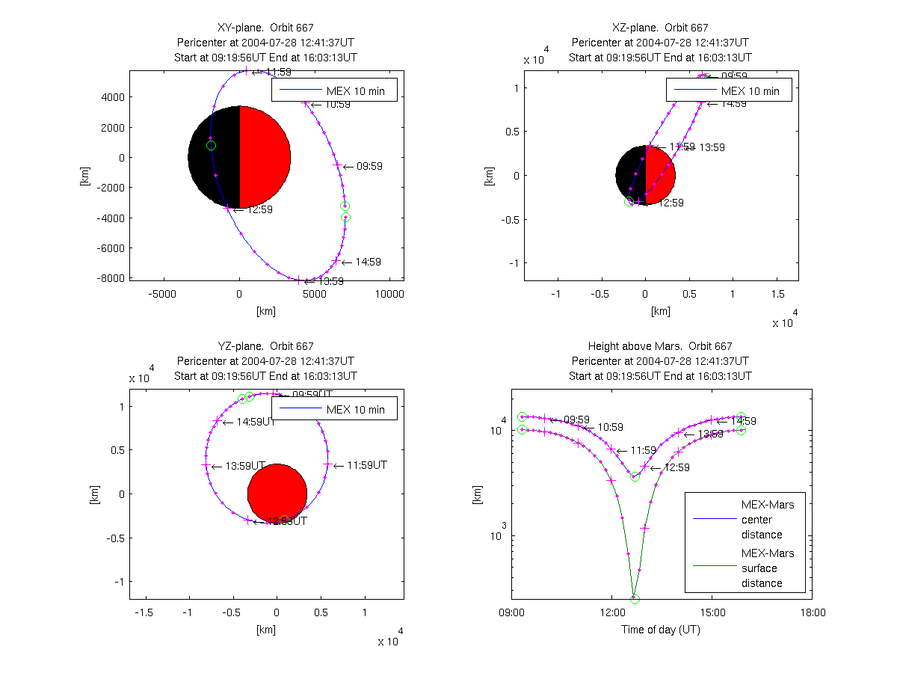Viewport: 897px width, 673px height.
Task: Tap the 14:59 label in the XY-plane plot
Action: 369,262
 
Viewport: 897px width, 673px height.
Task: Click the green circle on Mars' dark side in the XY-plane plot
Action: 211,145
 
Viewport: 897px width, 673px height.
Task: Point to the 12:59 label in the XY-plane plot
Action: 260,209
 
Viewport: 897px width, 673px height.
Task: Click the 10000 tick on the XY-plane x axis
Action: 389,294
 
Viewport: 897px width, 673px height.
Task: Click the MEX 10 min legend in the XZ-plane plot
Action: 729,90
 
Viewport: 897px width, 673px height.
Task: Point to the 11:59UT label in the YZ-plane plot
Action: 366,465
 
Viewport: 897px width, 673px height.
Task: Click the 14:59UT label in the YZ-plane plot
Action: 256,422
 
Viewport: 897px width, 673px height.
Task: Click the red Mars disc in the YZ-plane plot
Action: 277,494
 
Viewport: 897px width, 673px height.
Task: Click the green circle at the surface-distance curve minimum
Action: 635,599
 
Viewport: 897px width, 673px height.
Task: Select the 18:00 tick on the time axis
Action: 813,612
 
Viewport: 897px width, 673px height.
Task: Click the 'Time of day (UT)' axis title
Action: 661,630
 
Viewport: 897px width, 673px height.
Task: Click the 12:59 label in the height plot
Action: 676,467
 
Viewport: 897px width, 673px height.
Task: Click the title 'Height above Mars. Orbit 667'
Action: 660,346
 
